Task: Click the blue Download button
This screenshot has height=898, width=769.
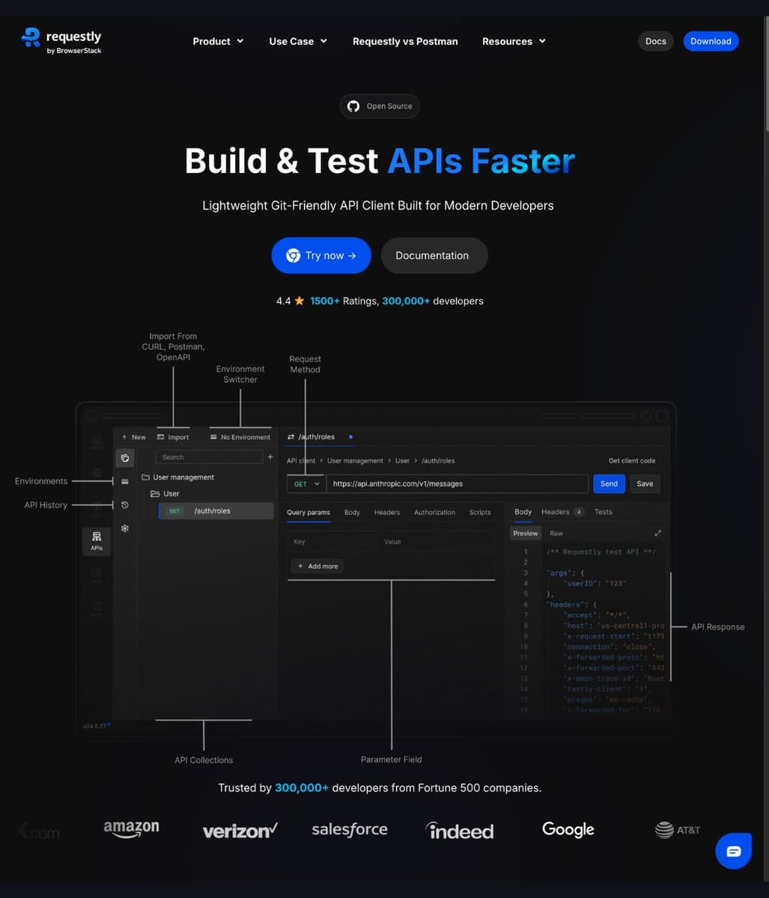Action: (710, 41)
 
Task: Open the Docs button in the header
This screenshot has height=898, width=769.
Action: (655, 41)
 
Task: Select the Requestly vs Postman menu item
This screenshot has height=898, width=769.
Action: (405, 41)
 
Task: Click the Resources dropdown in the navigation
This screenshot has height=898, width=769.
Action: (514, 41)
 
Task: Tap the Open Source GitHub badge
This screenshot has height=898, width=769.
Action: (380, 106)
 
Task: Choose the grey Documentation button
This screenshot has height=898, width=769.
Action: (434, 255)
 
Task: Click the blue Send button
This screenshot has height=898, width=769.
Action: (609, 483)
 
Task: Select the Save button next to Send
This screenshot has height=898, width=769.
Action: (645, 483)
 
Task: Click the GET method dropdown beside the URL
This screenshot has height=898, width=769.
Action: (306, 483)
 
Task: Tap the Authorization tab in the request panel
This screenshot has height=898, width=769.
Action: (434, 513)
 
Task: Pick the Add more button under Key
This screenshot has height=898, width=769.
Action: (317, 566)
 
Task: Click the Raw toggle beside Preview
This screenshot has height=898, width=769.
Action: (556, 534)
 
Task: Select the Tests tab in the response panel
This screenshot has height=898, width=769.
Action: (603, 512)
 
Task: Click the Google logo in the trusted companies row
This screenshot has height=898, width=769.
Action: (568, 829)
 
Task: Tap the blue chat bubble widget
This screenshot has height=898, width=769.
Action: (733, 851)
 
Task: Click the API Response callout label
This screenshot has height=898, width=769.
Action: (717, 626)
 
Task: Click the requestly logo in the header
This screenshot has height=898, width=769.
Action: (61, 40)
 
